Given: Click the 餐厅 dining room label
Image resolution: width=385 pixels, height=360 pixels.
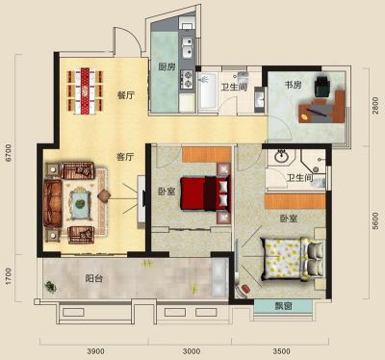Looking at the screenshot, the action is (126, 95).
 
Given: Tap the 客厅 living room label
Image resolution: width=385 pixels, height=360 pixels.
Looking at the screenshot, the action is (125, 157).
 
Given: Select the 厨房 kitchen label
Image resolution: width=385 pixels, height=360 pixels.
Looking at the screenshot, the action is (167, 66).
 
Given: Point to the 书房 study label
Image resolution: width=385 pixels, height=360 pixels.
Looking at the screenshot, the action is (294, 85).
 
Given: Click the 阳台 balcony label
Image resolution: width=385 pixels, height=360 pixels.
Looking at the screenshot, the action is (94, 278).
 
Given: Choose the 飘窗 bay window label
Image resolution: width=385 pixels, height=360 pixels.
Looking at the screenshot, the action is (284, 306).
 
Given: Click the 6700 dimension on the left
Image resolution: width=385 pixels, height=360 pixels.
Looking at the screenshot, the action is (9, 153).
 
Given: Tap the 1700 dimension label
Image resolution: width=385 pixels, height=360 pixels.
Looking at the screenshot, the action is (9, 276).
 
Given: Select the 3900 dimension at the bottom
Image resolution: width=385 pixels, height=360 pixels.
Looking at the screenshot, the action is (95, 351).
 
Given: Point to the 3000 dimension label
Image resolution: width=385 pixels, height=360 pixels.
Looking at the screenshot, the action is (192, 351).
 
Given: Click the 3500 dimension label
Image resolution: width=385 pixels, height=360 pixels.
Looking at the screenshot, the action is (281, 351).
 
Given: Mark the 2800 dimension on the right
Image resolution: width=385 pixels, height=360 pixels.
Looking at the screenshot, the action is (375, 105).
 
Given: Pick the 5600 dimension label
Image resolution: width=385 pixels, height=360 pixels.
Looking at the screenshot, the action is (375, 220).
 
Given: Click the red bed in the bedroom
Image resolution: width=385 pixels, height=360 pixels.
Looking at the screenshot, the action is (205, 193).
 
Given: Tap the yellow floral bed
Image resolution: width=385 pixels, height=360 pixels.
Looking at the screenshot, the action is (293, 259).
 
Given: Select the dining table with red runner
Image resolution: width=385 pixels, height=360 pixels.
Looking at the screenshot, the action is (85, 90).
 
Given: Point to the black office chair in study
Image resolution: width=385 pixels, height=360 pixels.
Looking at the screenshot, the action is (321, 87).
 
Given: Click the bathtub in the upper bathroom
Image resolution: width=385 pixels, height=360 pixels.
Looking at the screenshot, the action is (208, 90).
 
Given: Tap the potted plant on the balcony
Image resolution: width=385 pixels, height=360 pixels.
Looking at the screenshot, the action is (50, 286).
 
